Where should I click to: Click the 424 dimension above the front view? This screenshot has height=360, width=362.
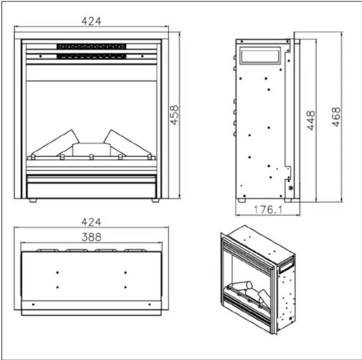91,21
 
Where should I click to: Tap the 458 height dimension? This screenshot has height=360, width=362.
174,115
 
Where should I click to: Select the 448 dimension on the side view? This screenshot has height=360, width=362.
311,120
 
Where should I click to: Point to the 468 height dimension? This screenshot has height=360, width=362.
336,117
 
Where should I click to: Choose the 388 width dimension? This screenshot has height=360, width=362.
91,237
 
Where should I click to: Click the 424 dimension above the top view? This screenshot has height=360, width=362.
91,222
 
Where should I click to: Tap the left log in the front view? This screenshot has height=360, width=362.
58,143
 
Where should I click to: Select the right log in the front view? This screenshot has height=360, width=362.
126,143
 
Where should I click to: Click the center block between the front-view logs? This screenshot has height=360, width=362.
91,149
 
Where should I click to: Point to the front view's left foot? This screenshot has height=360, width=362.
33,200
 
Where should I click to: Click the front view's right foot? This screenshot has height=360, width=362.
155,200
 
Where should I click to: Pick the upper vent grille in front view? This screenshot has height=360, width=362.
91,47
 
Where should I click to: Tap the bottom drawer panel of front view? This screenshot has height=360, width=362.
91,190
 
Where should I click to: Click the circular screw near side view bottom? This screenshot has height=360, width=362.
290,188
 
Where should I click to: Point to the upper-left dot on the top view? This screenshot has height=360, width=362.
58,273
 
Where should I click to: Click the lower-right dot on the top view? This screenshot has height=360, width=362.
125,287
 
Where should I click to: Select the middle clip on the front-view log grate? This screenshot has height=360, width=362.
91,157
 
